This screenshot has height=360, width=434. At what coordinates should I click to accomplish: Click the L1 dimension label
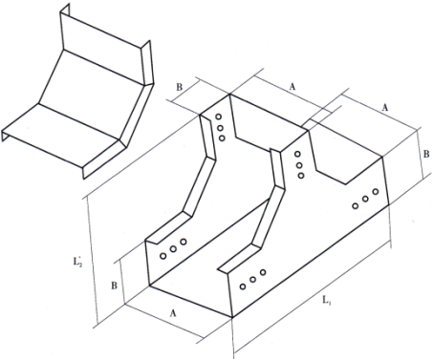point(327,300)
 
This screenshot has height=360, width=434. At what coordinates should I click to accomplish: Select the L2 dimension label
point(77,262)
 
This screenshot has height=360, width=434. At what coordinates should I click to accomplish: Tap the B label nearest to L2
point(114,286)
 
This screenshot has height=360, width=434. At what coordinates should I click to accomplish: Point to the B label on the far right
point(426,154)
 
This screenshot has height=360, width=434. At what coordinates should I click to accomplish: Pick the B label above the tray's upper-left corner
point(180,87)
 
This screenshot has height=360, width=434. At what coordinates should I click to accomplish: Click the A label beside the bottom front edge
point(173,313)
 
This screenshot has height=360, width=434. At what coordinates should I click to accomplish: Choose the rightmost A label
point(385,108)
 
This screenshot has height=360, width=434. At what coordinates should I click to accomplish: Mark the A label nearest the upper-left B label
point(293,86)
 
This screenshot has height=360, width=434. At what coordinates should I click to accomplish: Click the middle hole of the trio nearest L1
point(252,280)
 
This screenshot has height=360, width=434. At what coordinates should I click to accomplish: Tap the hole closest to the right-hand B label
point(376,192)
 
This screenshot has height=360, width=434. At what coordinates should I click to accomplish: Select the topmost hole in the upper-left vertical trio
point(218,116)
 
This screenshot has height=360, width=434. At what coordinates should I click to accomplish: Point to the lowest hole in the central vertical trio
point(301,176)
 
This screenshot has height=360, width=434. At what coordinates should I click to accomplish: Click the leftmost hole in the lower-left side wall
point(163,256)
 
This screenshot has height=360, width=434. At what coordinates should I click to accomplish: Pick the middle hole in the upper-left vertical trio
point(220,128)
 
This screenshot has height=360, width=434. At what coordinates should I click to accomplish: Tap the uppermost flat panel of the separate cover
point(102,45)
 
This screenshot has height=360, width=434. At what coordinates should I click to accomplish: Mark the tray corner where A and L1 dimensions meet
point(232,317)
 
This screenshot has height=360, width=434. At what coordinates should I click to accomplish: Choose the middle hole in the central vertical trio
point(299,165)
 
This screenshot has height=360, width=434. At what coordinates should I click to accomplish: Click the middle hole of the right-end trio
point(365,199)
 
